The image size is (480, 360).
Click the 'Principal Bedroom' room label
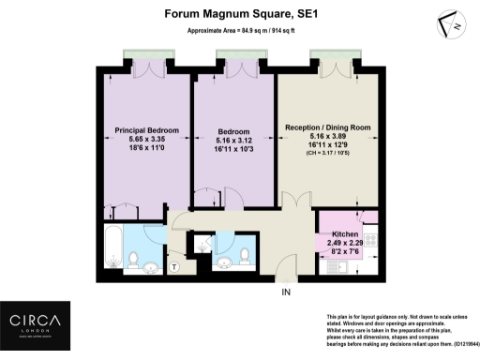(x=146, y=129)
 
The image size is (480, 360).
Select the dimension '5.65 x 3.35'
(x=146, y=140)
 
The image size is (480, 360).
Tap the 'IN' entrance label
(x=286, y=292)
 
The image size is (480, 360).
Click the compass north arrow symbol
(x=451, y=25)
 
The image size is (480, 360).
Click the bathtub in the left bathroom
(x=110, y=248)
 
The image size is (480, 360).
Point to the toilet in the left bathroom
(x=134, y=258)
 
